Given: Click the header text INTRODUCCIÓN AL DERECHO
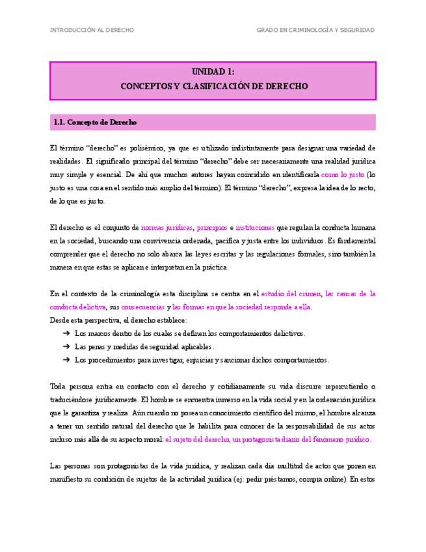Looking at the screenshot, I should pyautogui.click(x=92, y=30).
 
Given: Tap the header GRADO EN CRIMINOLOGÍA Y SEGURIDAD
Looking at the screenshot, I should pyautogui.click(x=315, y=30).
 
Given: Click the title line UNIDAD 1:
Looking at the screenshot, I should pyautogui.click(x=213, y=72).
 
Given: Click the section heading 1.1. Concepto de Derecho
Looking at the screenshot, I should pyautogui.click(x=95, y=122).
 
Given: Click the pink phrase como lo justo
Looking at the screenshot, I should pyautogui.click(x=343, y=174).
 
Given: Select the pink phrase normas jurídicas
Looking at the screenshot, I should pyautogui.click(x=167, y=227).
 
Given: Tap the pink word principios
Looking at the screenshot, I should pyautogui.click(x=212, y=227).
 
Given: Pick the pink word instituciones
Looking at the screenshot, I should pyautogui.click(x=255, y=227).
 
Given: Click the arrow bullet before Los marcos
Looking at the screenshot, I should pyautogui.click(x=66, y=333).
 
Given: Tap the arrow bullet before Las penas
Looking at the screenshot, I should pyautogui.click(x=66, y=346).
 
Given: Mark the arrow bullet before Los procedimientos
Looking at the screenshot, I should pyautogui.click(x=66, y=359).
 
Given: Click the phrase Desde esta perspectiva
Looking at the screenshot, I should pyautogui.click(x=82, y=320).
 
